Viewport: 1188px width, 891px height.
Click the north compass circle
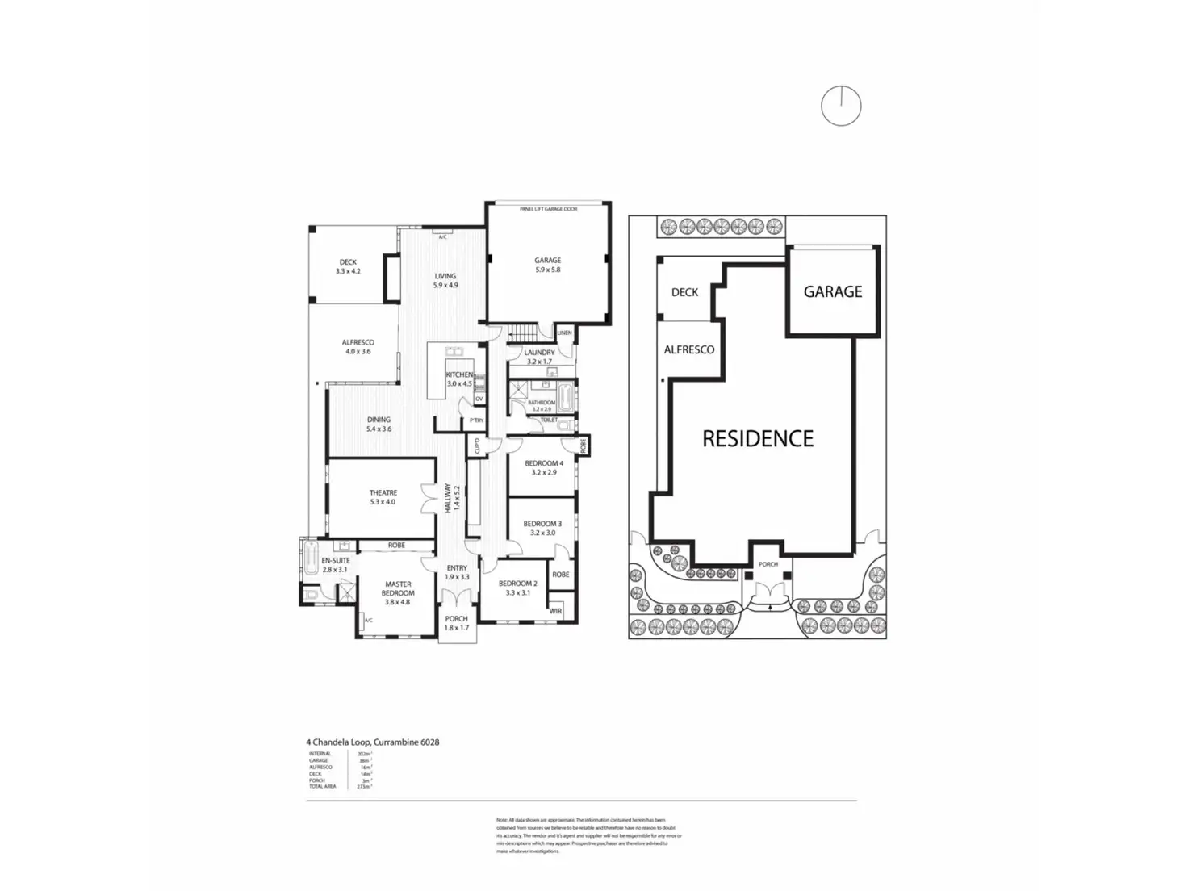[x=841, y=106]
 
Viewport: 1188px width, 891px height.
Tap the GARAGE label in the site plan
[x=833, y=291]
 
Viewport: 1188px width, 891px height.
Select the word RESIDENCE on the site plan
[x=758, y=438]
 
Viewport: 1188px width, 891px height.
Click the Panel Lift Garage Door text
[x=548, y=209]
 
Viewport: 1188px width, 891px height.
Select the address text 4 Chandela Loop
[x=372, y=742]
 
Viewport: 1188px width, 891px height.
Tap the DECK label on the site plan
[x=684, y=292]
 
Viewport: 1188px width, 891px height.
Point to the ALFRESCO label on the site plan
[x=688, y=350]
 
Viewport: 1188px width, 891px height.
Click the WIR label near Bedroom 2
[x=555, y=611]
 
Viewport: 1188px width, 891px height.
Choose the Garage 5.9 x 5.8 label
[x=547, y=265]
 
